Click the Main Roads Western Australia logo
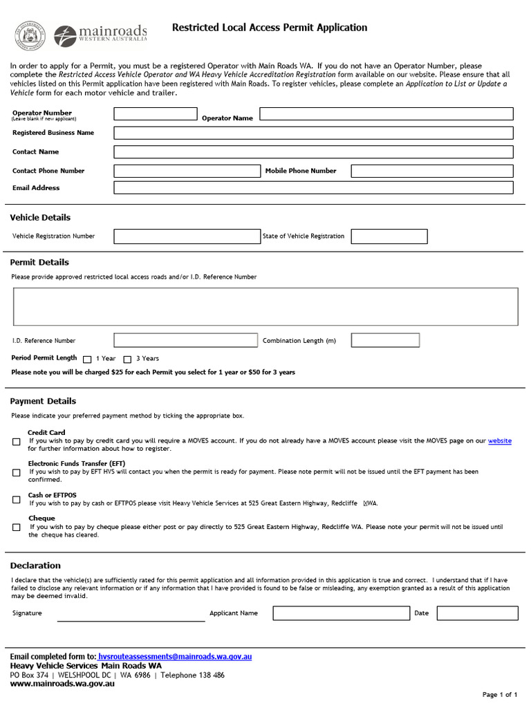pyautogui.click(x=100, y=35)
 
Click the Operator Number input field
pyautogui.click(x=155, y=114)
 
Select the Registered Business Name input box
pyautogui.click(x=313, y=133)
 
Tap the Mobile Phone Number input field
pyautogui.click(x=432, y=171)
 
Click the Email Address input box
pyautogui.click(x=313, y=187)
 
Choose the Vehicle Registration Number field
pyautogui.click(x=187, y=236)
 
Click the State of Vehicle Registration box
pyautogui.click(x=389, y=236)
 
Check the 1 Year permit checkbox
pyautogui.click(x=87, y=359)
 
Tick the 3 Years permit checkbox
pyautogui.click(x=127, y=359)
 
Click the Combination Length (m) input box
pyautogui.click(x=385, y=340)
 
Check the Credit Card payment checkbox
pyautogui.click(x=16, y=441)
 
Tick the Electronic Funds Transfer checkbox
pyautogui.click(x=16, y=473)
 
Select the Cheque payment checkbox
pyautogui.click(x=16, y=528)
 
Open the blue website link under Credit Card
pyautogui.click(x=499, y=440)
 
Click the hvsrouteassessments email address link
pyautogui.click(x=175, y=655)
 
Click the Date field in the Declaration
pyautogui.click(x=477, y=613)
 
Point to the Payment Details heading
pyautogui.click(x=43, y=401)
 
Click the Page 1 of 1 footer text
pyautogui.click(x=499, y=694)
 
